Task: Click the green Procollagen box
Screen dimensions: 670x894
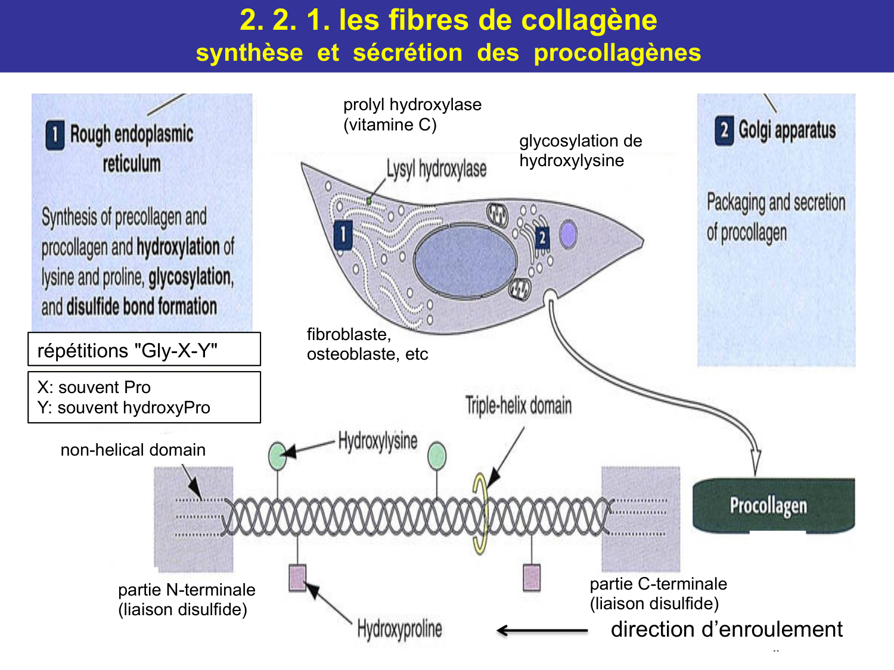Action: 773,505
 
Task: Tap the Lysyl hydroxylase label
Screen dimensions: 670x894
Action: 436,169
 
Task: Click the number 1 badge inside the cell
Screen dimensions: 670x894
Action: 343,234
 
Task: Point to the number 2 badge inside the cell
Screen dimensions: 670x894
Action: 542,238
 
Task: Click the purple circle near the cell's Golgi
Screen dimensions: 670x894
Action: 569,234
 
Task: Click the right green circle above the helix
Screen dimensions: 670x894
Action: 437,456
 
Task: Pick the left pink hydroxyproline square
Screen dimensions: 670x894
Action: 297,577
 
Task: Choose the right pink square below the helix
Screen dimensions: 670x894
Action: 532,577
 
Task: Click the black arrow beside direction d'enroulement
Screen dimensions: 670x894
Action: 542,630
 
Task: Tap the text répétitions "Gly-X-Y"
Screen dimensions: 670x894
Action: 128,350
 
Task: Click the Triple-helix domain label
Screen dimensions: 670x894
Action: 519,406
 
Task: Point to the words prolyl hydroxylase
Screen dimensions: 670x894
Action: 412,105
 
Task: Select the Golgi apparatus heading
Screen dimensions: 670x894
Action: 787,130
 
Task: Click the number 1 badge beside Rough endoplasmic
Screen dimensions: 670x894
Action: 55,135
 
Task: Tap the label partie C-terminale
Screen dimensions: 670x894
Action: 658,584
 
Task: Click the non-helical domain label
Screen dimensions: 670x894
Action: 133,450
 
